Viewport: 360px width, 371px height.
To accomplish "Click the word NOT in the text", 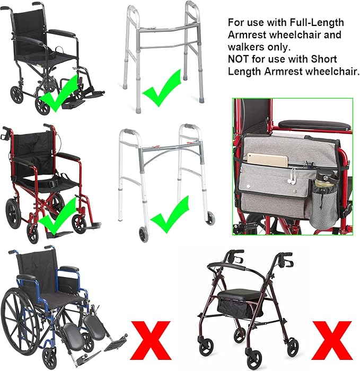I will (238, 59).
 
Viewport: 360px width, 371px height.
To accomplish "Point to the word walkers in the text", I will (244, 47).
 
